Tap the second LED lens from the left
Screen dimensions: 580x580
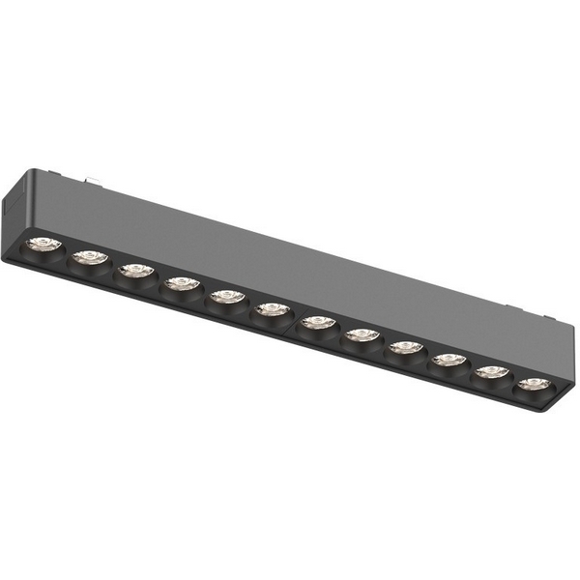coord(89,257)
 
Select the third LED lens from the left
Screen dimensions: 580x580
coord(135,271)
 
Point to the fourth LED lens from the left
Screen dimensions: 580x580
coord(181,284)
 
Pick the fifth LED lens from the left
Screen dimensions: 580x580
coord(227,297)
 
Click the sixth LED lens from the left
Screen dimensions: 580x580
coord(273,310)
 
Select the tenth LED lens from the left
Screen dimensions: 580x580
coord(449,361)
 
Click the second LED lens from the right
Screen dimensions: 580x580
coord(492,372)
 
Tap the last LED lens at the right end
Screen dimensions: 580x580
coord(533,385)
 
